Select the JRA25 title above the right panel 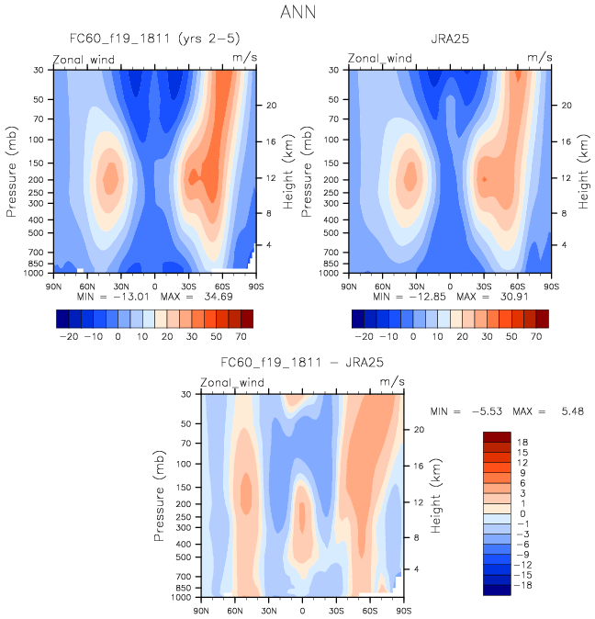(450, 40)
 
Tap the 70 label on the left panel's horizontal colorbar (246, 337)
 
